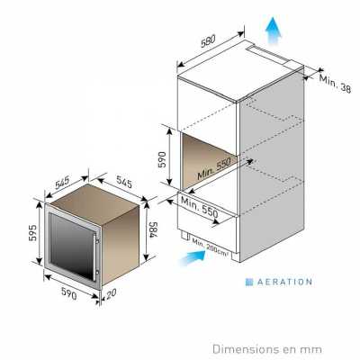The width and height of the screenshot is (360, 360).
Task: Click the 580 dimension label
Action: (208, 40)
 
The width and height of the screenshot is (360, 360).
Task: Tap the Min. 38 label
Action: (335, 84)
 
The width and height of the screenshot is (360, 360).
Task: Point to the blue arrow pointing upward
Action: (274, 31)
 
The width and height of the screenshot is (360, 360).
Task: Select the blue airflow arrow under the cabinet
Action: (193, 258)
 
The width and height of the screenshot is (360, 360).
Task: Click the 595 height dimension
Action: (32, 232)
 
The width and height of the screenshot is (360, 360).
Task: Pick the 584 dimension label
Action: (153, 230)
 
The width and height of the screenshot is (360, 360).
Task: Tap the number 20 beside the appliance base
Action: (112, 293)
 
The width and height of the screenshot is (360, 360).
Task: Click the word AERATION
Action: (284, 282)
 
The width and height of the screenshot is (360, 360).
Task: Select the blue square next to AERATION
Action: (249, 282)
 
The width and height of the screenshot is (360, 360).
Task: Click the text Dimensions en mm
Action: (267, 349)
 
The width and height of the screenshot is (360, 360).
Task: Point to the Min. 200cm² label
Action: (210, 247)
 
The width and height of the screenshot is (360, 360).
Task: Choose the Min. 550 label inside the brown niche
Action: (214, 168)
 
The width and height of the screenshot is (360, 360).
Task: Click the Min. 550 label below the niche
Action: (200, 207)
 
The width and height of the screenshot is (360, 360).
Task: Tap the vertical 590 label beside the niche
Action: (162, 159)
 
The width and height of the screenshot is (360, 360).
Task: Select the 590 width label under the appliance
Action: (69, 293)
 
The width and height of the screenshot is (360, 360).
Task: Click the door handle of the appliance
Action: (96, 255)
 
